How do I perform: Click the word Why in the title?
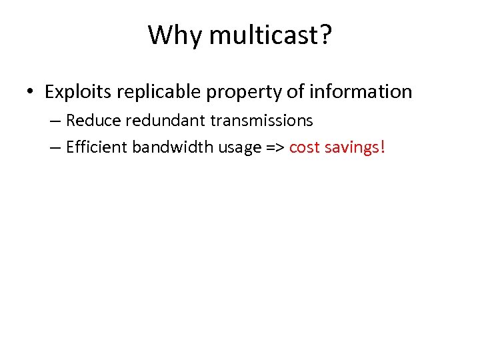coord(171,35)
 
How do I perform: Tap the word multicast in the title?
coord(257,35)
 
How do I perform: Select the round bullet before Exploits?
coord(31,92)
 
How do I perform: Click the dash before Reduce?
coord(55,121)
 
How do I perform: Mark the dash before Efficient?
coord(55,147)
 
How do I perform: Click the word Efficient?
coord(97,146)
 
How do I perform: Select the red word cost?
coord(304,147)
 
